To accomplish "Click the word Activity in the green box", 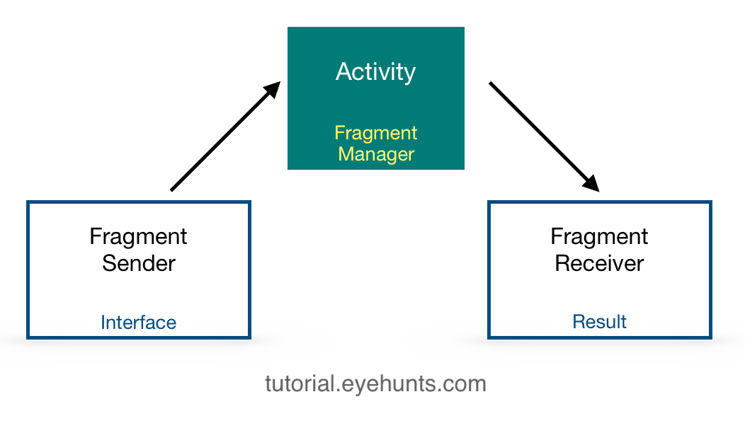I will tap(375, 72).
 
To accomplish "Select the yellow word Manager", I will tap(376, 153).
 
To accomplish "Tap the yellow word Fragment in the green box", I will tap(376, 133).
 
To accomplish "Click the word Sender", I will tap(139, 263).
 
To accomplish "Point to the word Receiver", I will tap(599, 263).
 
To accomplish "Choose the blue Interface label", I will tap(138, 323).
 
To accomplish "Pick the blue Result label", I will tap(599, 322).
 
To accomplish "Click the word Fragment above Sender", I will tap(139, 236).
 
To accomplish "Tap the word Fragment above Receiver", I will tap(599, 236).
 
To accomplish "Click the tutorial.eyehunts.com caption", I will tap(375, 384).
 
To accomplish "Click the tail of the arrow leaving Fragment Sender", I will tap(172, 190).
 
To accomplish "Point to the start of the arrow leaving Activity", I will tap(491, 83).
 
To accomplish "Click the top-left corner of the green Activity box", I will tap(288, 28).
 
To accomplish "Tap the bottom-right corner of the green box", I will tap(464, 169).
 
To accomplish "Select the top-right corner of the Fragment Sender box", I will tap(249, 203).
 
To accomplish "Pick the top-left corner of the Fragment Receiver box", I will tap(489, 203).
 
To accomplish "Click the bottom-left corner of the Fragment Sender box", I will tap(28, 337).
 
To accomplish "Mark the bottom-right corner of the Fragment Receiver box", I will tap(710, 336).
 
